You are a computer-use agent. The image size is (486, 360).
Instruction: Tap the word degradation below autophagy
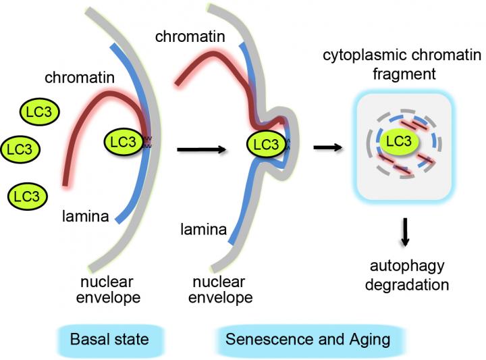click(x=407, y=284)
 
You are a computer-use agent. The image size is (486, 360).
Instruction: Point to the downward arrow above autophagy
click(x=405, y=232)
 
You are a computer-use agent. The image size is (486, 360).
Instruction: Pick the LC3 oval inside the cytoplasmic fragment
click(x=398, y=140)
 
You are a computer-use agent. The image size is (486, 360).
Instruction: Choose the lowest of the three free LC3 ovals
click(x=27, y=197)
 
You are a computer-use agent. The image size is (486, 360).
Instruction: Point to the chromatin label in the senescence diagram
click(x=189, y=36)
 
